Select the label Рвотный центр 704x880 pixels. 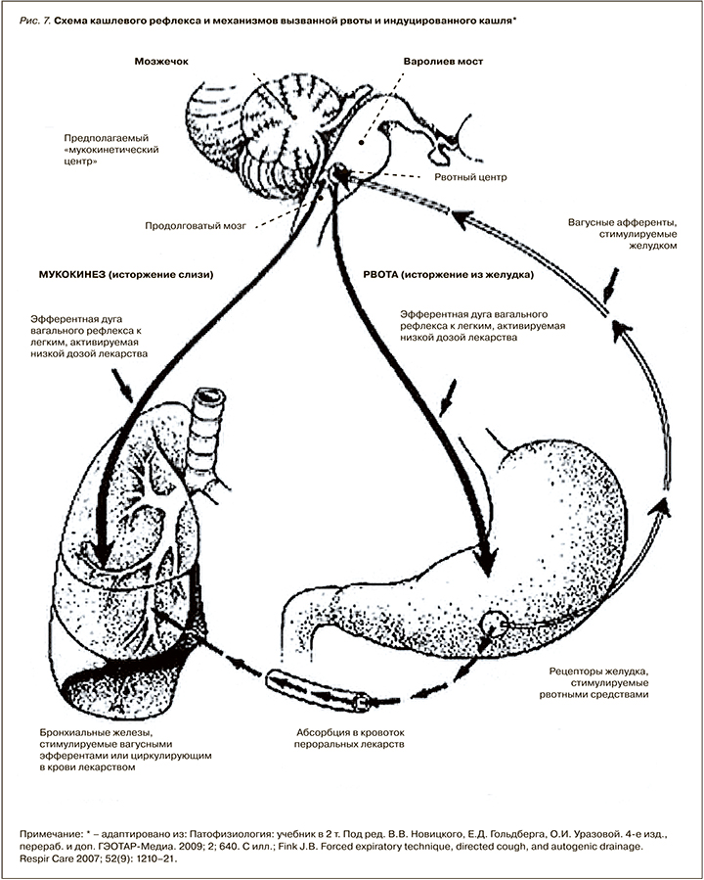tap(465, 177)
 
